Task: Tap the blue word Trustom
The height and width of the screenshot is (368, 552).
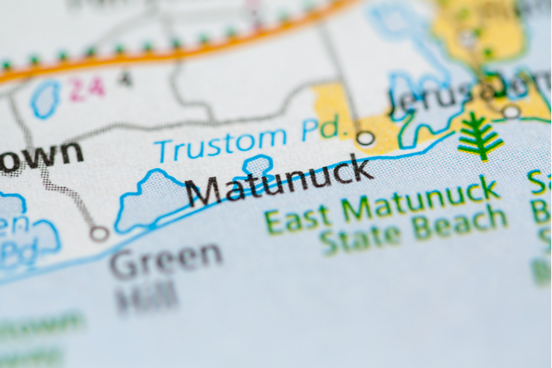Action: click(x=221, y=143)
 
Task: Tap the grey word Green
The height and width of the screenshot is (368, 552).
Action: click(x=166, y=260)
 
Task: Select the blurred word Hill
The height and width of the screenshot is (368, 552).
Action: click(x=147, y=298)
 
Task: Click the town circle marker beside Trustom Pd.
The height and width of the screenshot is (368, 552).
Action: click(x=365, y=138)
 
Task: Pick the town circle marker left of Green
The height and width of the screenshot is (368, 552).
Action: click(x=99, y=234)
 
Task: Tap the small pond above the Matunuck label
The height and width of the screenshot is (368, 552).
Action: click(x=258, y=166)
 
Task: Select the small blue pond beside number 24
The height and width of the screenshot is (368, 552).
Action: click(x=47, y=99)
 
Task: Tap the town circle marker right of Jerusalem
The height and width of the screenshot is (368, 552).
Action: click(x=511, y=112)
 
